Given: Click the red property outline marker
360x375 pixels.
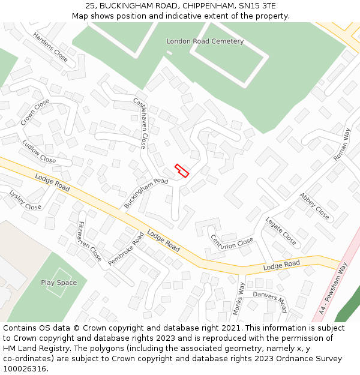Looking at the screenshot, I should pos(182,170).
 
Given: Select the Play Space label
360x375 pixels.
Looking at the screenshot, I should pos(59,283).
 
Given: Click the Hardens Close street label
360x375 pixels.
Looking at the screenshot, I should pos(51,47).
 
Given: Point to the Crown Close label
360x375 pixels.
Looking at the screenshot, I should pos(35,112).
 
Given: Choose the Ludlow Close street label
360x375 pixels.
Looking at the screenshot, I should pos(39,152).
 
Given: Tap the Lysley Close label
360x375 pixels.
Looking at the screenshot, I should pos(25,200).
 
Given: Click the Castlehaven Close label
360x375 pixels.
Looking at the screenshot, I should pos(140,123).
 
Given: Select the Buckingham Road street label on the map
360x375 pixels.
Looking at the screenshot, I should pos(146,193).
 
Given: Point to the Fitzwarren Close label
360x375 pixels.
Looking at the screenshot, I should pos(89,241).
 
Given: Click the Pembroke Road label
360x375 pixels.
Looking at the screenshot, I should pos(127,249).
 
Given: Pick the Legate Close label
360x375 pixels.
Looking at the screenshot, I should pos(281,231).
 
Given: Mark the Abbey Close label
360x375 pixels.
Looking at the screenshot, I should pos(314,206).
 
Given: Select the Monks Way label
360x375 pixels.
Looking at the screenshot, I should pos(239,298).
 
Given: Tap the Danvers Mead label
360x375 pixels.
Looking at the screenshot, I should pos(269,302).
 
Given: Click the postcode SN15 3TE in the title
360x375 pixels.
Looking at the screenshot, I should pos(257,6).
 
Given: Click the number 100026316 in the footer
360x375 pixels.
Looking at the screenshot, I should pos(25,368).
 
